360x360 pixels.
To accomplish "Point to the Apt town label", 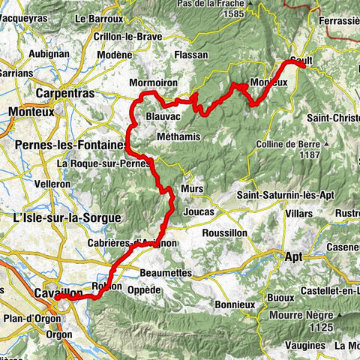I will click(293, 256).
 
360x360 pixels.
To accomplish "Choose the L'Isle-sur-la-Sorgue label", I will click(67, 217).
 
